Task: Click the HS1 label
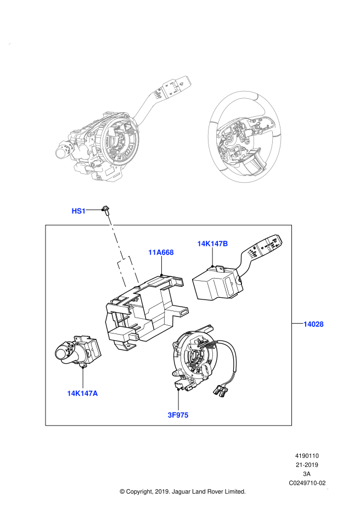(78, 211)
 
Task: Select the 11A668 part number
(161, 252)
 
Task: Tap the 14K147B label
(212, 244)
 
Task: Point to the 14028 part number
(313, 324)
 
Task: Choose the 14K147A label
(82, 393)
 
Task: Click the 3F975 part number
(178, 415)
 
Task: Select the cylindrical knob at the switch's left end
(61, 152)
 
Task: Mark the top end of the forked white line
(109, 217)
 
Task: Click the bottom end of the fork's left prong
(126, 287)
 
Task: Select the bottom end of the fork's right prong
(138, 281)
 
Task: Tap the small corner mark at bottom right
(327, 488)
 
